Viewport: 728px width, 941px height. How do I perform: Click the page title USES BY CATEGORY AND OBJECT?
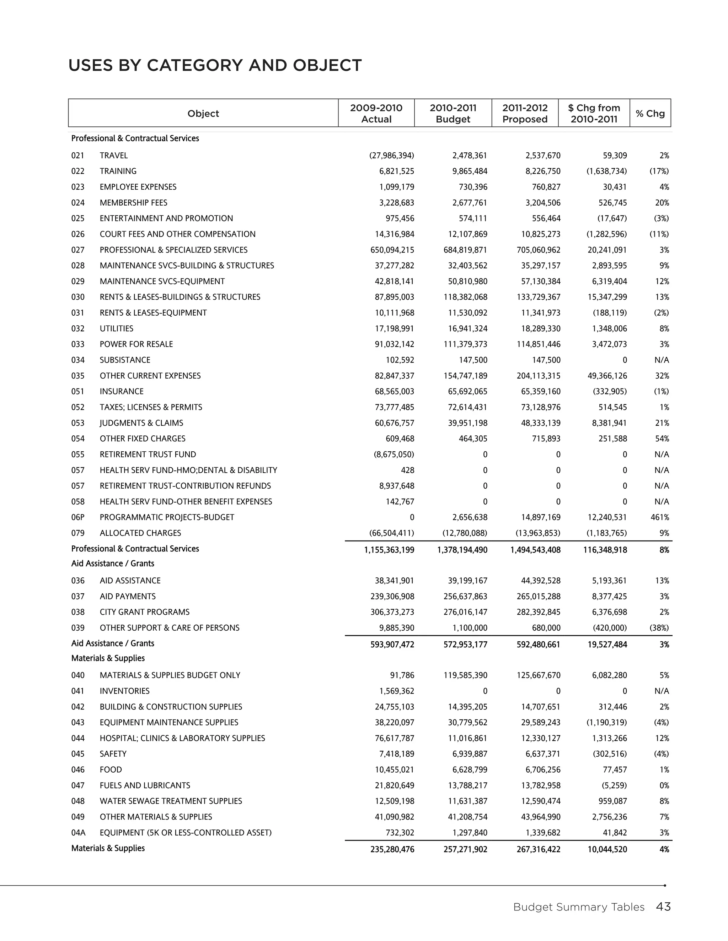[215, 65]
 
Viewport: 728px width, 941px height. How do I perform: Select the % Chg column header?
[650, 113]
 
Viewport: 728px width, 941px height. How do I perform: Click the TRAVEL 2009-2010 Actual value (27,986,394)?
[392, 156]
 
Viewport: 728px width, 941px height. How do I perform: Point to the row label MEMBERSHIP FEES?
[133, 202]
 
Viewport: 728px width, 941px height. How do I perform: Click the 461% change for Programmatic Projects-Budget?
[659, 517]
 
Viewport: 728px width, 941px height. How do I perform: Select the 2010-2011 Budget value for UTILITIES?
[467, 329]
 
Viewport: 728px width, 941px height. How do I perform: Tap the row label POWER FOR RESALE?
[136, 344]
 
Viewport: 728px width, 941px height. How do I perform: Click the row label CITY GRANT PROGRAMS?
[144, 612]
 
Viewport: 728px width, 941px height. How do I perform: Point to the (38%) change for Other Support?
[659, 628]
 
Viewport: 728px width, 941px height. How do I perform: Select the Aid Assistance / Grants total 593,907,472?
[392, 644]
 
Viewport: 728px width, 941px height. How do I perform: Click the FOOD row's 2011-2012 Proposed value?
[542, 769]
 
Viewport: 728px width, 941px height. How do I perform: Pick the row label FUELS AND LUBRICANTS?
[145, 785]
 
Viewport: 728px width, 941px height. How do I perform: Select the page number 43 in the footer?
[663, 907]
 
